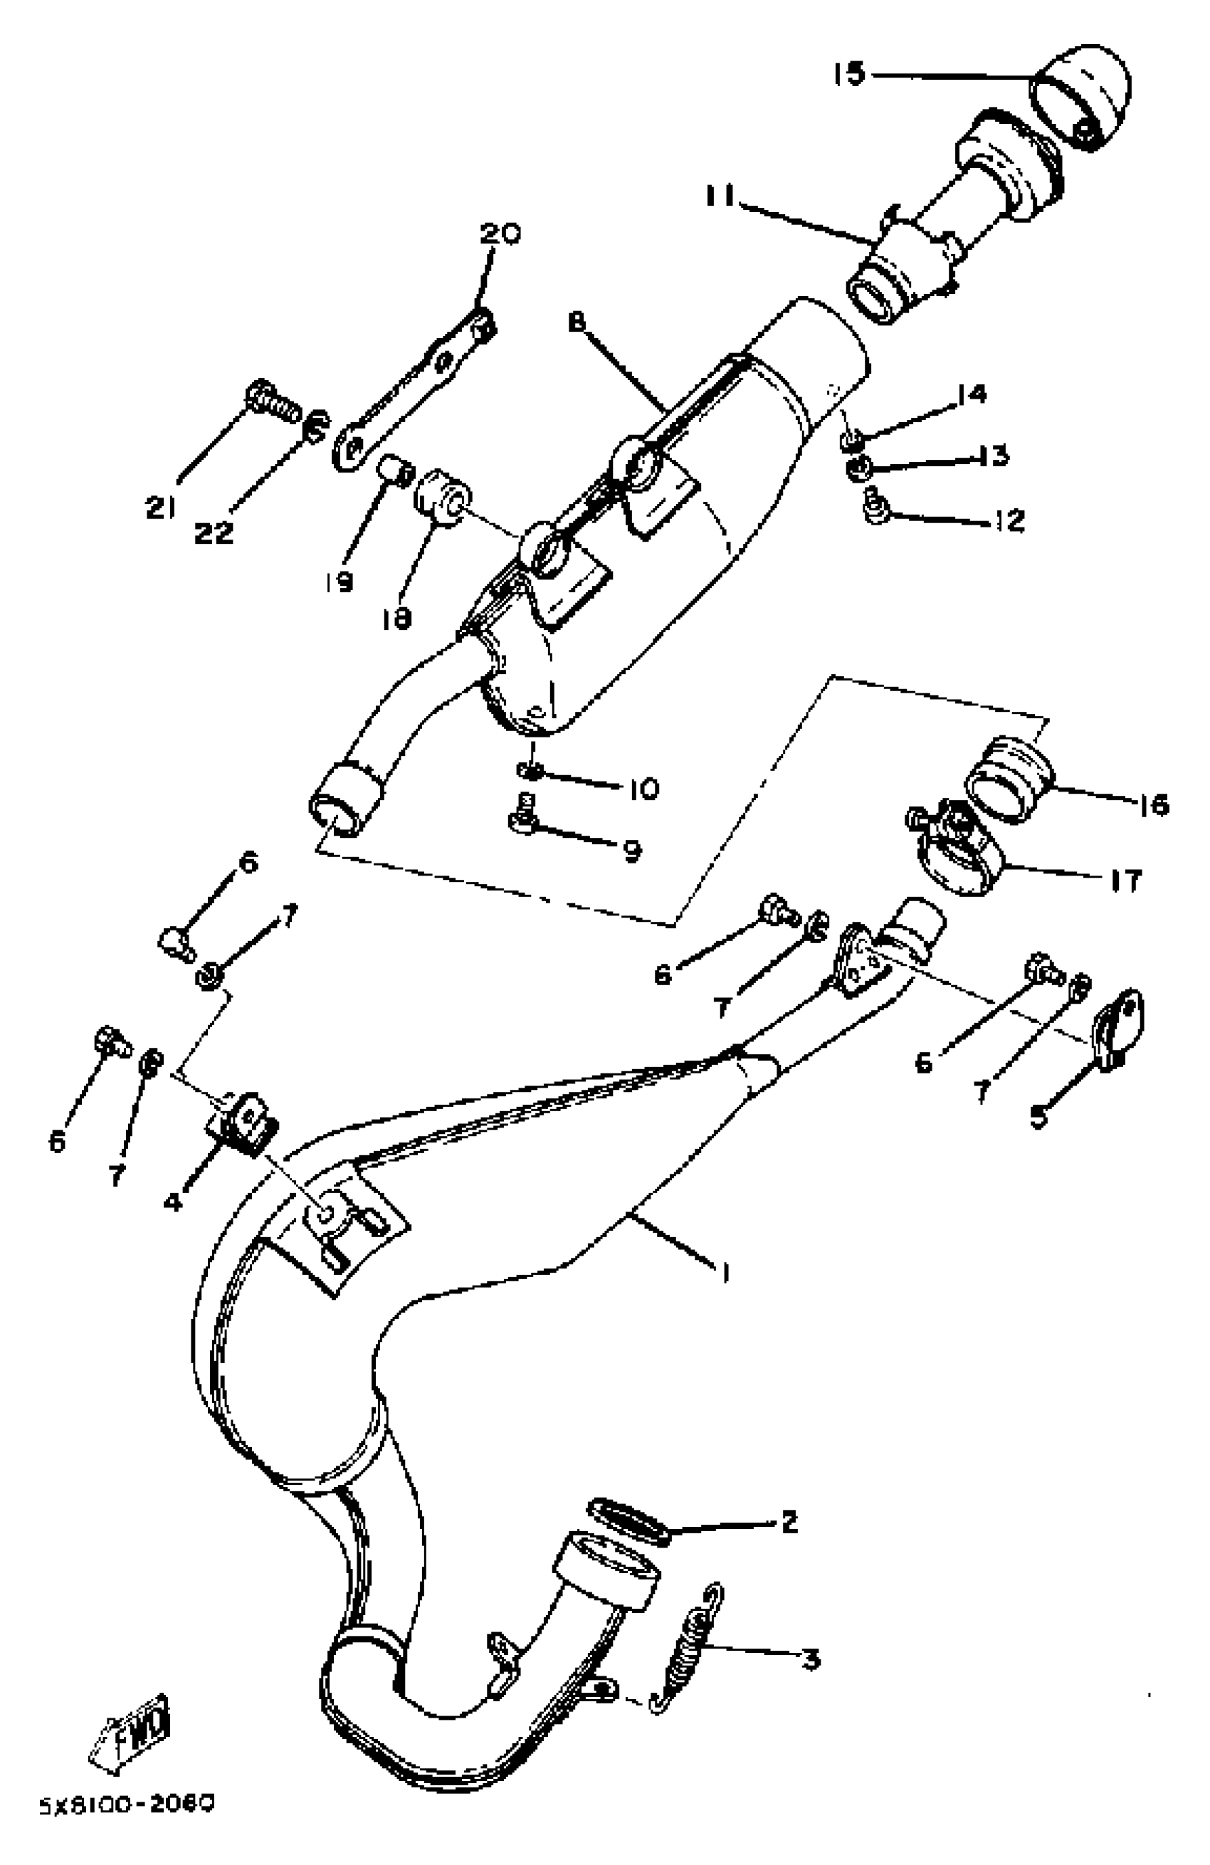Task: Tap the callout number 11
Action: [720, 196]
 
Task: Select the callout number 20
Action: [500, 234]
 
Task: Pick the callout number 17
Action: [1125, 880]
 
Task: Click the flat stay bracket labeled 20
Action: [416, 384]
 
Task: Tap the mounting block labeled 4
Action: [243, 1125]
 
